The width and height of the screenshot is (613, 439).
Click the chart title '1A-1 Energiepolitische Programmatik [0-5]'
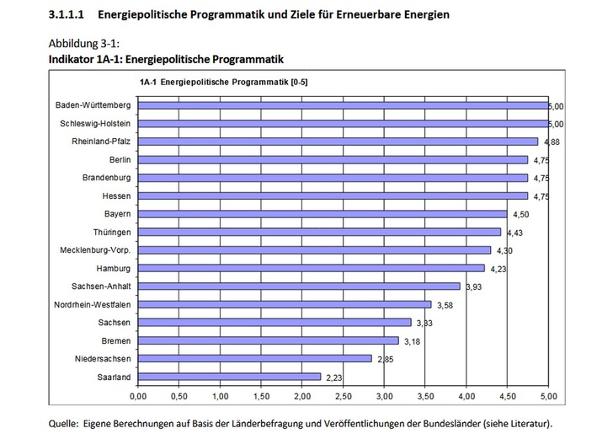[215, 83]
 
